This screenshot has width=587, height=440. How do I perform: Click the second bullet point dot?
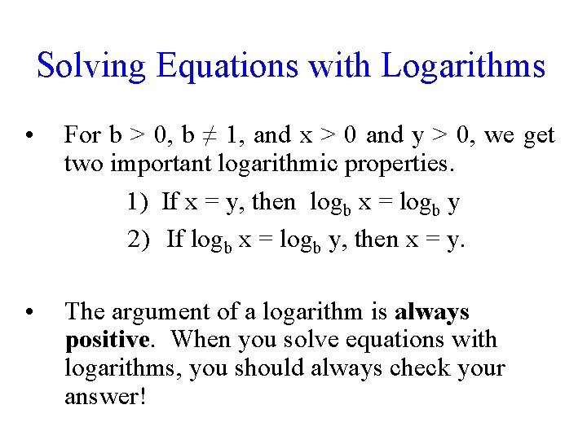pos(29,313)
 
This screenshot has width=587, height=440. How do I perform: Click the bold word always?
pos(432,312)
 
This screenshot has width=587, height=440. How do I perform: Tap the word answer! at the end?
pos(104,397)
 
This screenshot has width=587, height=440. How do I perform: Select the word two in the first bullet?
pos(84,163)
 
